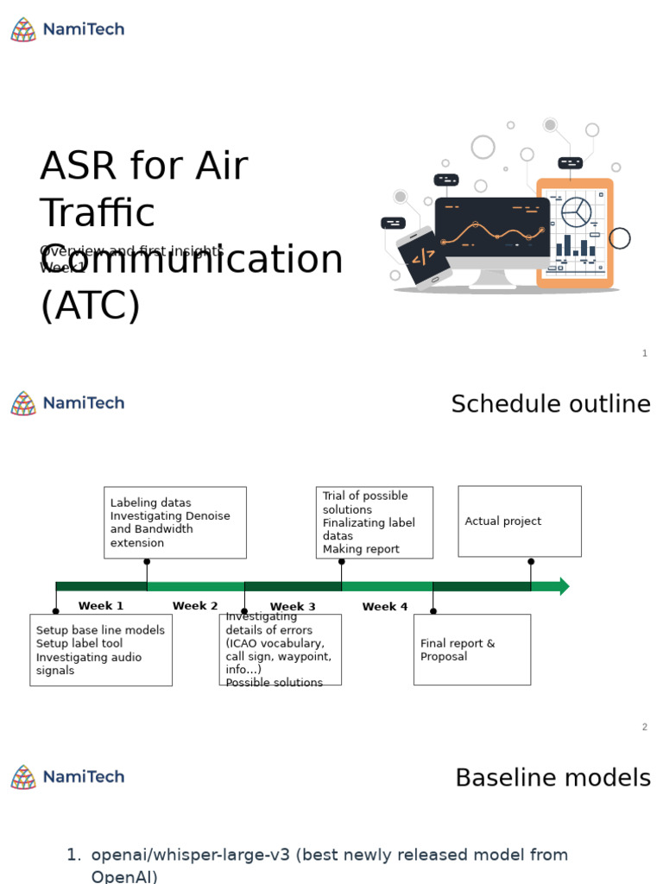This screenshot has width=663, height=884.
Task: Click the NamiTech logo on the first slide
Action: point(67,29)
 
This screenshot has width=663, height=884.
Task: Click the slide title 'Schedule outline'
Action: point(550,404)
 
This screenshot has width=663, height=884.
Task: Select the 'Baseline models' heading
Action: point(552,778)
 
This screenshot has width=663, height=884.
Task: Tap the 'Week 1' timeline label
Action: point(101,606)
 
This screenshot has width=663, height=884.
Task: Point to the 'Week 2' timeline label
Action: point(195,606)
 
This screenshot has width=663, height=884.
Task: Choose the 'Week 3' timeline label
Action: point(293,607)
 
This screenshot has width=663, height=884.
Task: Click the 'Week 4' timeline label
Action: point(385,607)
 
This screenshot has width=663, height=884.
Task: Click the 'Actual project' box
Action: point(519,521)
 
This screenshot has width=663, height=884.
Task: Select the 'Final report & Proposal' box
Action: point(471,650)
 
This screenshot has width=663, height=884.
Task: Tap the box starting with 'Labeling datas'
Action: point(174,522)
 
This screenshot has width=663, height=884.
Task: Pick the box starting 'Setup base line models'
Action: point(101,650)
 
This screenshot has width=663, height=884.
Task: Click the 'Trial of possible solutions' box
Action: point(374,522)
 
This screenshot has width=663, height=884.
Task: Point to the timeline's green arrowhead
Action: point(564,586)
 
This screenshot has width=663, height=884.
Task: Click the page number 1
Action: point(644,353)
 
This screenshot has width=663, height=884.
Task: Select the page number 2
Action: point(644,727)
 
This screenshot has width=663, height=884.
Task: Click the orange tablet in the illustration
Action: point(575,233)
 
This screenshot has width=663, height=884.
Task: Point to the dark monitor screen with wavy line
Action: point(492,227)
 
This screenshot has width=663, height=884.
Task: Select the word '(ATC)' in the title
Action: point(90,306)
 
